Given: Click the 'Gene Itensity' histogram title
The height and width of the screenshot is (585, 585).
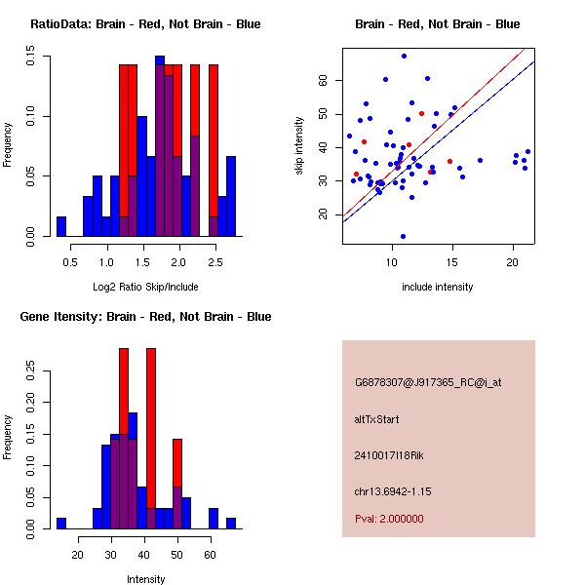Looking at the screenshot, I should (145, 317).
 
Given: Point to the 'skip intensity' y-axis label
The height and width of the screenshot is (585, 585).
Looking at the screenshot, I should (300, 145).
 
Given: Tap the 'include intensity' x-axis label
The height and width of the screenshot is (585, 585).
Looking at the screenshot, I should (438, 287).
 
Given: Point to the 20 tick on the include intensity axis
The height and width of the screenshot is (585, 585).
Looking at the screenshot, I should (513, 262).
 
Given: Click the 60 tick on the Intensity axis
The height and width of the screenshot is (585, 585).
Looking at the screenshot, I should (209, 555).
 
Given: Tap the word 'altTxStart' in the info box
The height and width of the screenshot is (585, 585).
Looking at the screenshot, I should (377, 419).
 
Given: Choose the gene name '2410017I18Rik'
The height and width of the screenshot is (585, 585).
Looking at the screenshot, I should (388, 455).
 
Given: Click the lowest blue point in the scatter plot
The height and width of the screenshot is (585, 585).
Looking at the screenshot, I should (403, 236).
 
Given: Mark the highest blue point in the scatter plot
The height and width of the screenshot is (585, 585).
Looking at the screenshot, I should (404, 57).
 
